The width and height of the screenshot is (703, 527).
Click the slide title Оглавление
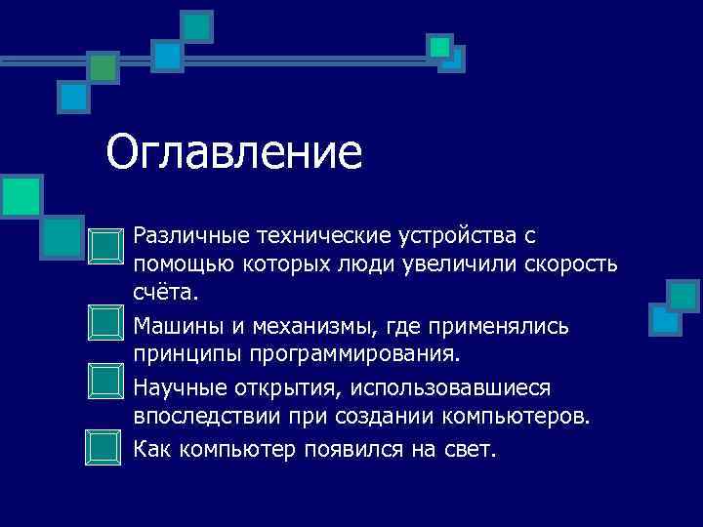(x=234, y=153)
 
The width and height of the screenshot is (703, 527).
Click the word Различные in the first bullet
(x=191, y=235)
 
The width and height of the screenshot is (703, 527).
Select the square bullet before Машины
(x=103, y=322)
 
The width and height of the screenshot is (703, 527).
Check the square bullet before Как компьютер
(x=103, y=446)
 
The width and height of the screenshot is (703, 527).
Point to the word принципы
(x=179, y=352)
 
